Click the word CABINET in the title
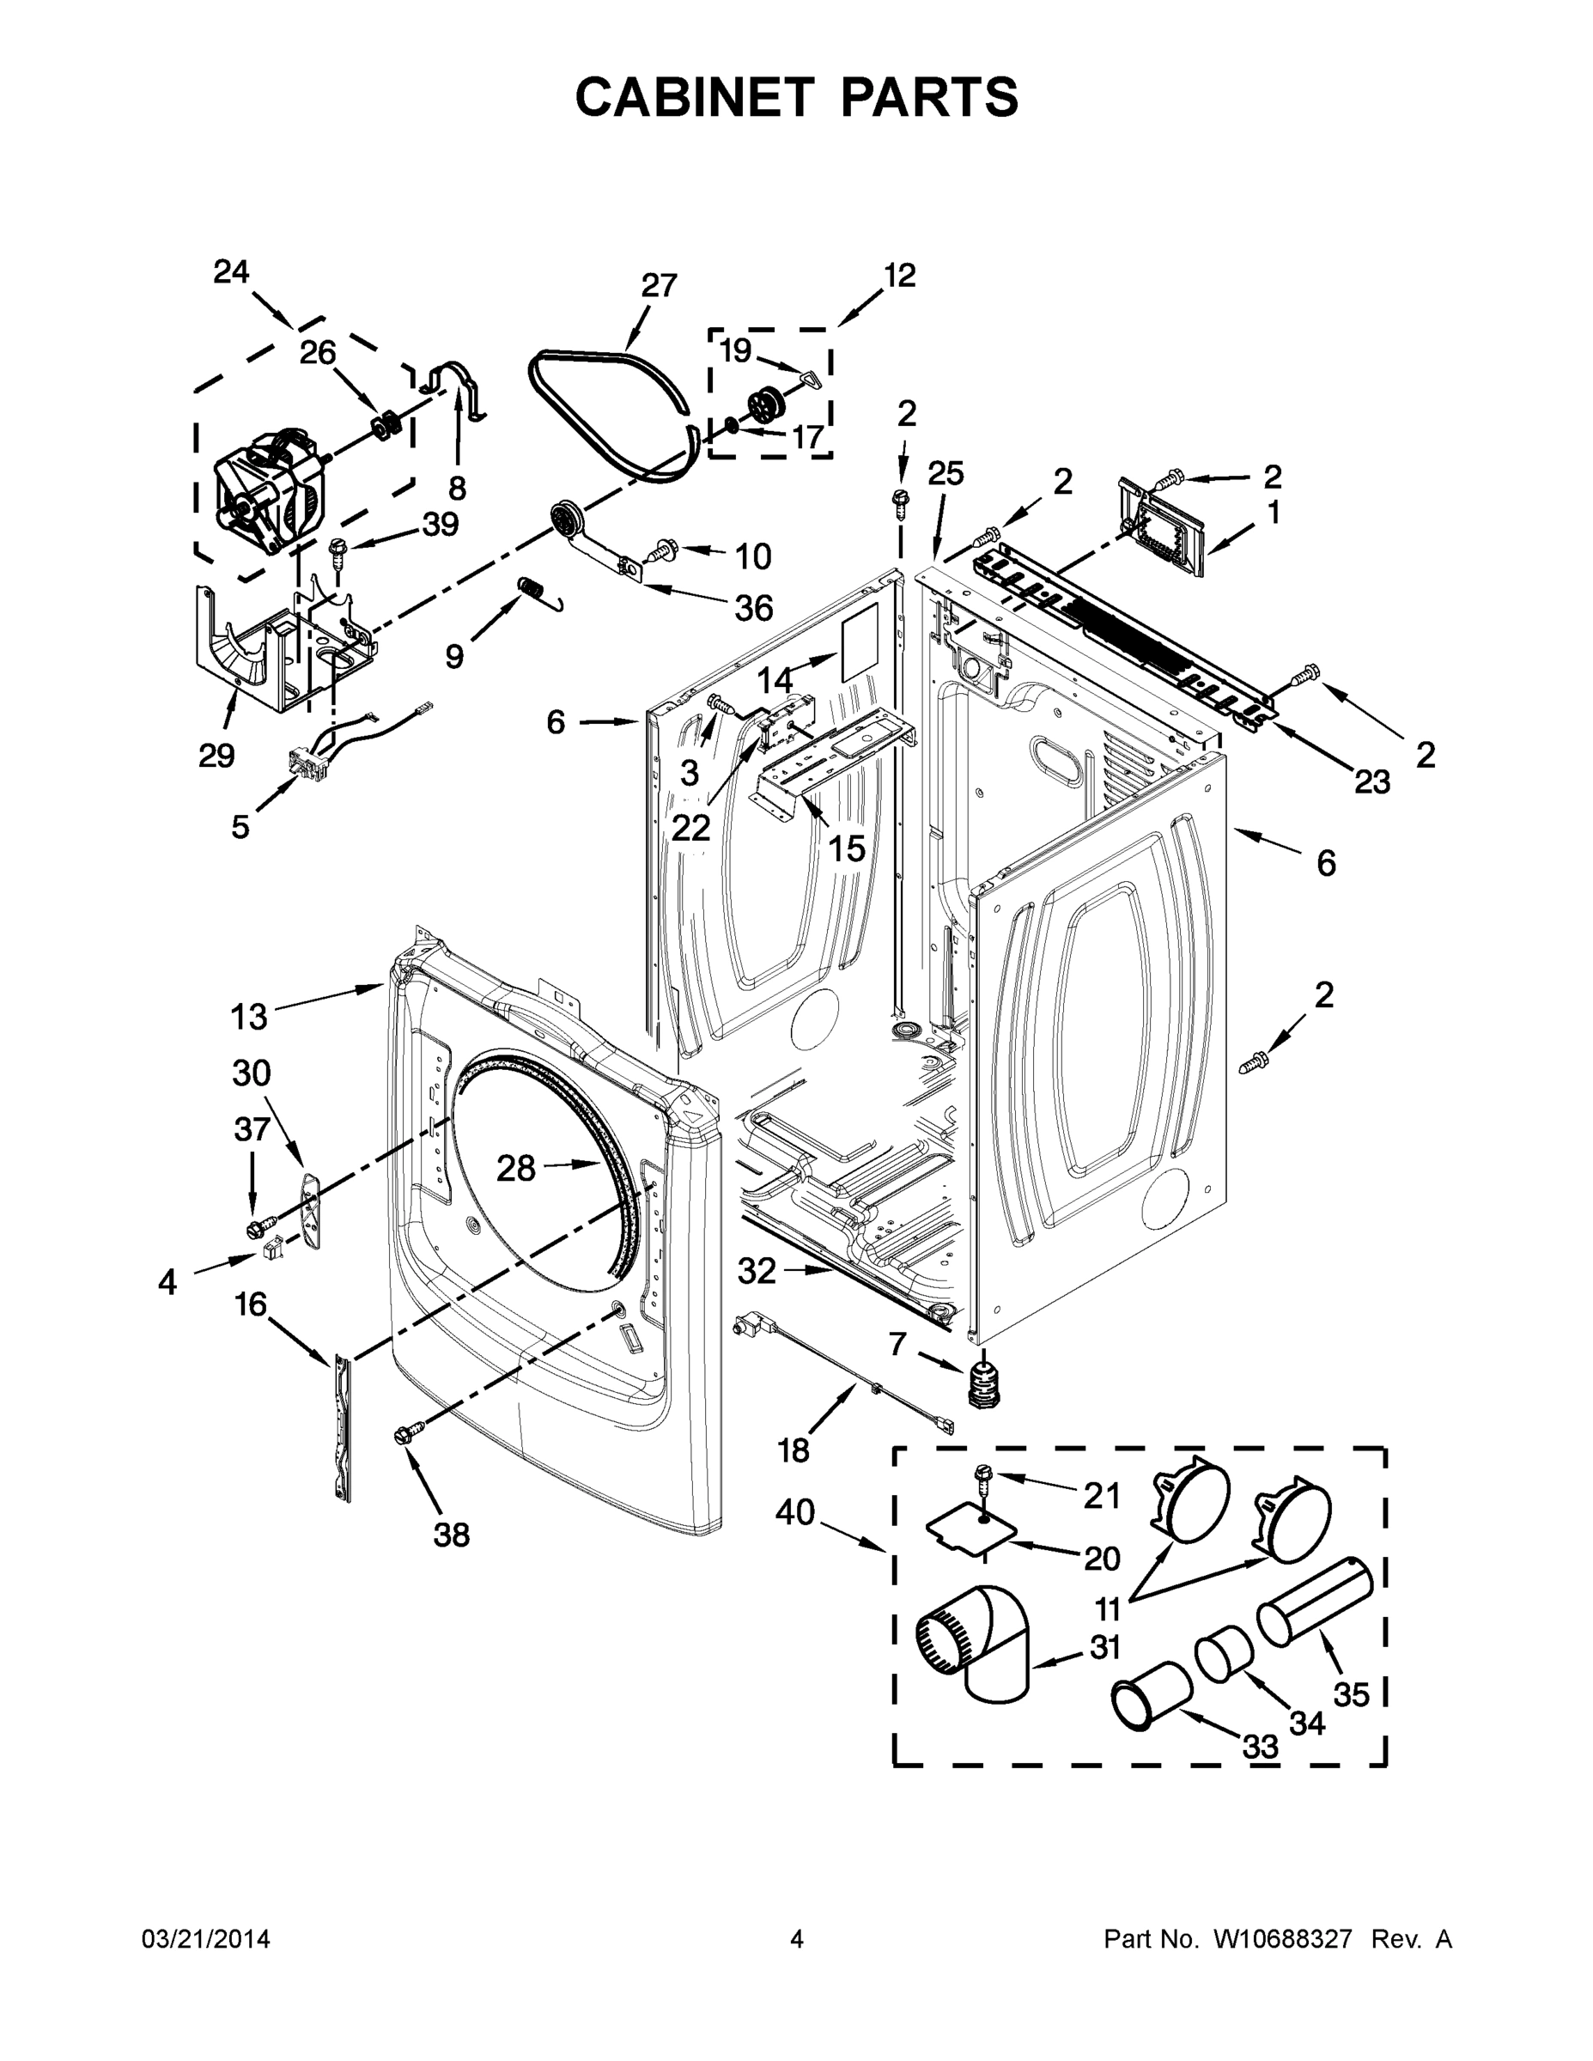click(694, 96)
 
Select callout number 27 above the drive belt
click(659, 285)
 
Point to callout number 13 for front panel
click(249, 1017)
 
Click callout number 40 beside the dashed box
click(794, 1511)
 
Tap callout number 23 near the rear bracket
click(1372, 781)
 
